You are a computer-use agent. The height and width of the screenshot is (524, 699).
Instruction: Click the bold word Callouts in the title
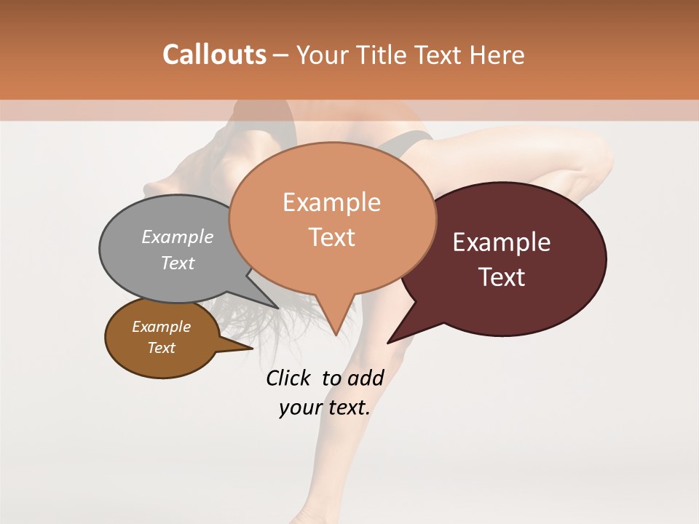(x=214, y=55)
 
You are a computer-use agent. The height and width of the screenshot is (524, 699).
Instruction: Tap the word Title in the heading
(x=382, y=55)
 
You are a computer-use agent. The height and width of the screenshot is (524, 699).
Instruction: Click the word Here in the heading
(x=497, y=55)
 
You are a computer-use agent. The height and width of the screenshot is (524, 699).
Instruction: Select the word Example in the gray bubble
(x=178, y=237)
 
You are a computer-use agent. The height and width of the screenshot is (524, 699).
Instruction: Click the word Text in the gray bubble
(x=178, y=263)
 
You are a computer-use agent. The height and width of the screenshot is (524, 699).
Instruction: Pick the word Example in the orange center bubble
(x=332, y=202)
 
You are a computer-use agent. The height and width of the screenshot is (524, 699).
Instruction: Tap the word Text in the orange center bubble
(x=332, y=237)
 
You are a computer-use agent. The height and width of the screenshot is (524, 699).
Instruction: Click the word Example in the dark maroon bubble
(x=502, y=242)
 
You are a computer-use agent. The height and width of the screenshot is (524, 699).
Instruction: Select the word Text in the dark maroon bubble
(x=502, y=277)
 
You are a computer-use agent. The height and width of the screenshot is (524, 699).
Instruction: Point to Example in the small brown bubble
(x=162, y=327)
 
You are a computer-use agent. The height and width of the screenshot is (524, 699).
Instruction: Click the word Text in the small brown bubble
(x=162, y=348)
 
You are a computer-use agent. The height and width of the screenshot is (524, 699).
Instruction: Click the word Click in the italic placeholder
(x=289, y=378)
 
